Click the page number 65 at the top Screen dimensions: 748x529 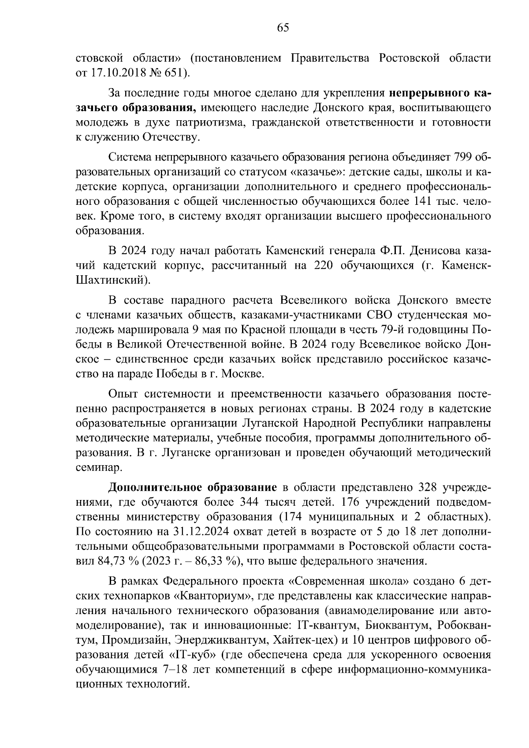[283, 28]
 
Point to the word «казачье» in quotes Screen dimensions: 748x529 [305, 172]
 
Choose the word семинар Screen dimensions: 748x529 [94, 467]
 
